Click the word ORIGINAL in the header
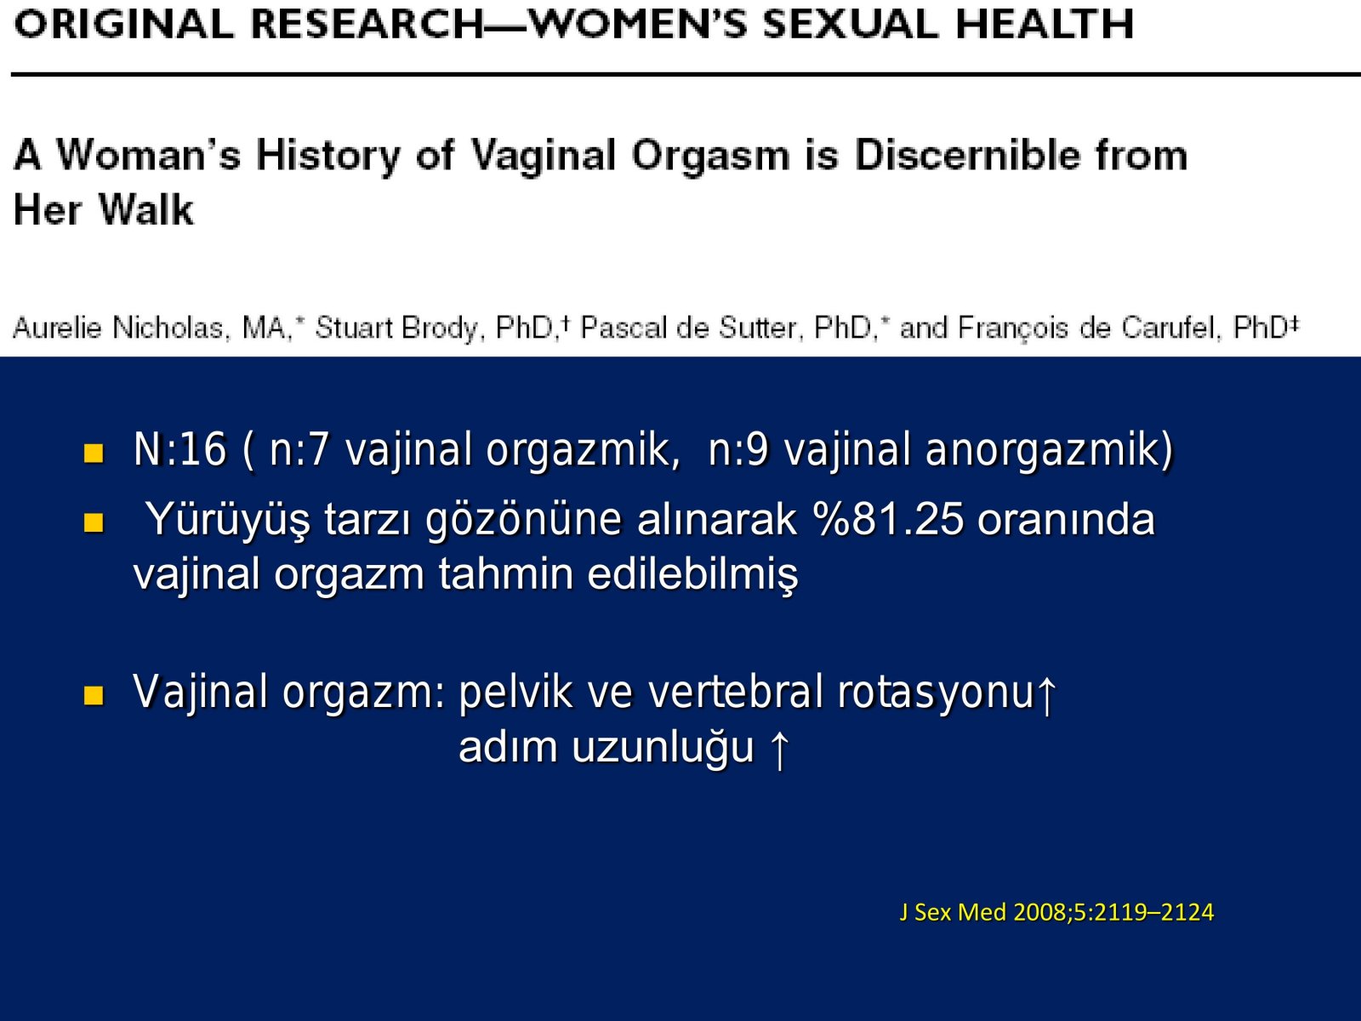click(123, 24)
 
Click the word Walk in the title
click(146, 209)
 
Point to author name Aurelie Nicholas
click(117, 328)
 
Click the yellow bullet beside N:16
click(94, 453)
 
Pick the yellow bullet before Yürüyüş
click(94, 522)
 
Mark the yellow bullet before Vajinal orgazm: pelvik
click(94, 695)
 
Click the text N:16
click(179, 449)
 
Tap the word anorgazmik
click(1050, 450)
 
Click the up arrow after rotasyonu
click(1046, 695)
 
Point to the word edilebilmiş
click(692, 574)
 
